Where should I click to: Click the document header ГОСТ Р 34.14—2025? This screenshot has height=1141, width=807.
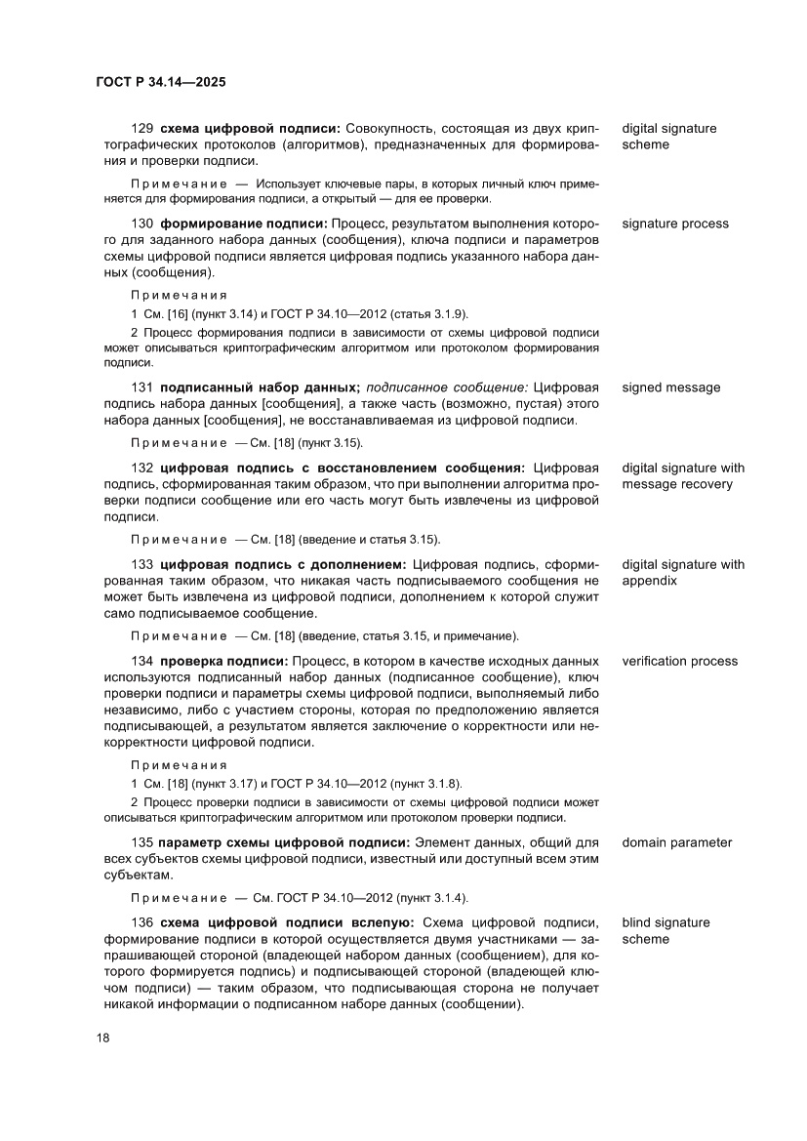pos(161,83)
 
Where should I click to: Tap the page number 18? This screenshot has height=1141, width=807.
pos(102,1038)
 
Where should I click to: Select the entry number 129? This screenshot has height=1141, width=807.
pos(142,129)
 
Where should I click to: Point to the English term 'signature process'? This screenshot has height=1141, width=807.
pos(675,224)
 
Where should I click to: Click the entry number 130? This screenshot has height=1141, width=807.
pos(142,224)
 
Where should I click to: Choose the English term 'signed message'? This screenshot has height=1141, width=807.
pos(671,387)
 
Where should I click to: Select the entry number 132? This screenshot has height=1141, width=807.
pos(142,468)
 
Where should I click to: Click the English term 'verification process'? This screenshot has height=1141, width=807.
pos(679,661)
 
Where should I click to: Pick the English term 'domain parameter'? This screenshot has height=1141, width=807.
pos(676,842)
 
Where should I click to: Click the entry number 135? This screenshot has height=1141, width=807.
pos(142,842)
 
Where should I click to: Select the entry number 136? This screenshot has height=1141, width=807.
pos(142,922)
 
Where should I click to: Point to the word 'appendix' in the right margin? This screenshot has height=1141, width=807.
pos(650,581)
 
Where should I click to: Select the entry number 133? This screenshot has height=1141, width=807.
pos(142,564)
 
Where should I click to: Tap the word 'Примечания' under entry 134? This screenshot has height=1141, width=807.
pos(179,764)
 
